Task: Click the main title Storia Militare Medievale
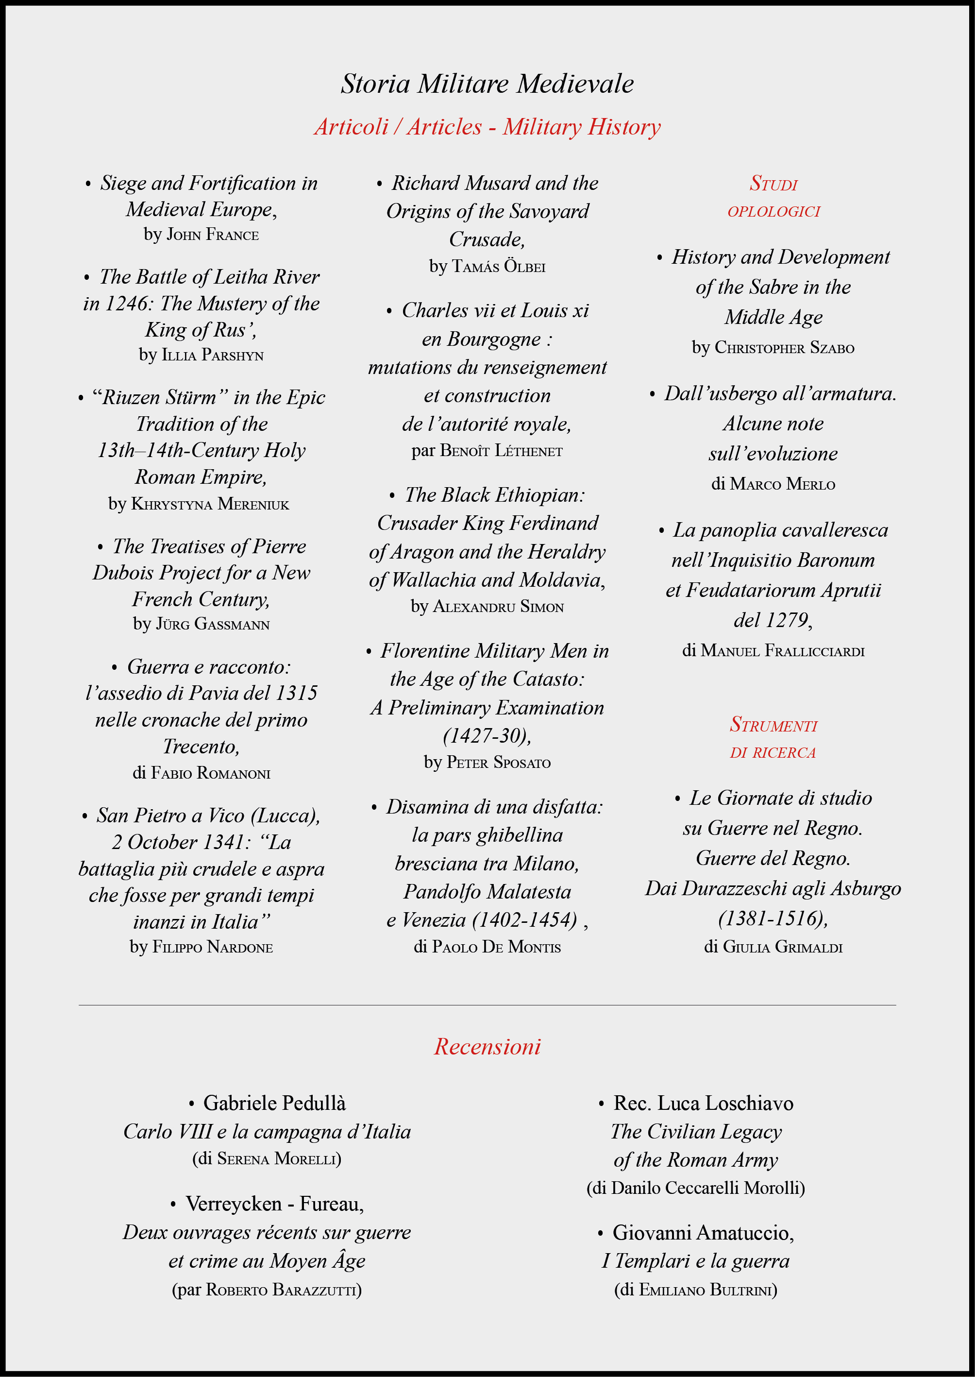[487, 84]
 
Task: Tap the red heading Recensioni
[487, 1047]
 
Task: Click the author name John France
[213, 234]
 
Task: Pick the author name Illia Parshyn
[213, 355]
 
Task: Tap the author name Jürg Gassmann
[213, 625]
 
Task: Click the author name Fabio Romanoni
[210, 773]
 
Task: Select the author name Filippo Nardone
[213, 947]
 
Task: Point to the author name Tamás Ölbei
[498, 266]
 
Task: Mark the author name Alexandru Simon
[498, 607]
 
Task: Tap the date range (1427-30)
[487, 735]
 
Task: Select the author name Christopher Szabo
[784, 348]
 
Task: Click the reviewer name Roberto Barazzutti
[282, 1290]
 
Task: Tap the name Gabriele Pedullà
[274, 1103]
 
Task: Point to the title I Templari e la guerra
[696, 1261]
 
